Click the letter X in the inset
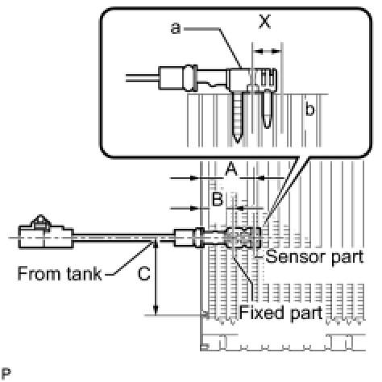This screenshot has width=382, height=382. pos(264,22)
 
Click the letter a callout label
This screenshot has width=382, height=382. pos(176,28)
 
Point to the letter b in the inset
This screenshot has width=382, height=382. pos(309,110)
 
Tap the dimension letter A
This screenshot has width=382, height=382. pos(231,169)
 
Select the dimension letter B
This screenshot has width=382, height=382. pos(218,199)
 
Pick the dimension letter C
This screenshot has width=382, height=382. pos(143,274)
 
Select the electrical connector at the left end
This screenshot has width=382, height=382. pos(46,234)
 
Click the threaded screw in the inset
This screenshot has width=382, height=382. pos(237,117)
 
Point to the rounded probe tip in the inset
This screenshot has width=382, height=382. pos(268,109)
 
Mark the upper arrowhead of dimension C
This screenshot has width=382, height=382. pos(156,244)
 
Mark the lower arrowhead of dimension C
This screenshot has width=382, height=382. pos(156,310)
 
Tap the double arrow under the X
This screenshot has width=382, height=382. pos(268,51)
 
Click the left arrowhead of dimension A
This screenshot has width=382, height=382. pos(195,178)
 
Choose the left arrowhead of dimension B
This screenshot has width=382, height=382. pos(195,208)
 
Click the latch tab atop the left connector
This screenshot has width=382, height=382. pos(41,222)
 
